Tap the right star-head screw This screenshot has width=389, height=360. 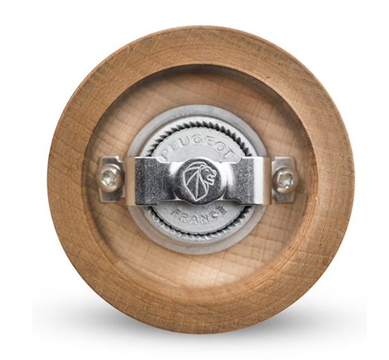coord(284,179)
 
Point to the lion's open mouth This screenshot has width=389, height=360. coord(210,176)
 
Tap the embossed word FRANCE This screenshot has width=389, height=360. coord(199,214)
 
